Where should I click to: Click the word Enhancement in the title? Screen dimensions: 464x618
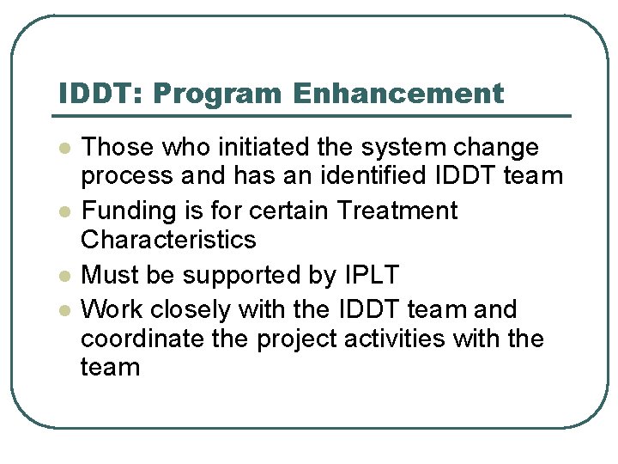coord(397,93)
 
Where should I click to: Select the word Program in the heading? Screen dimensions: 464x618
coord(221,93)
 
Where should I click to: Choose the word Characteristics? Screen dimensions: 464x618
coord(168,240)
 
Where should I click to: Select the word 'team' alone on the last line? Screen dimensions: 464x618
coord(110,368)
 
